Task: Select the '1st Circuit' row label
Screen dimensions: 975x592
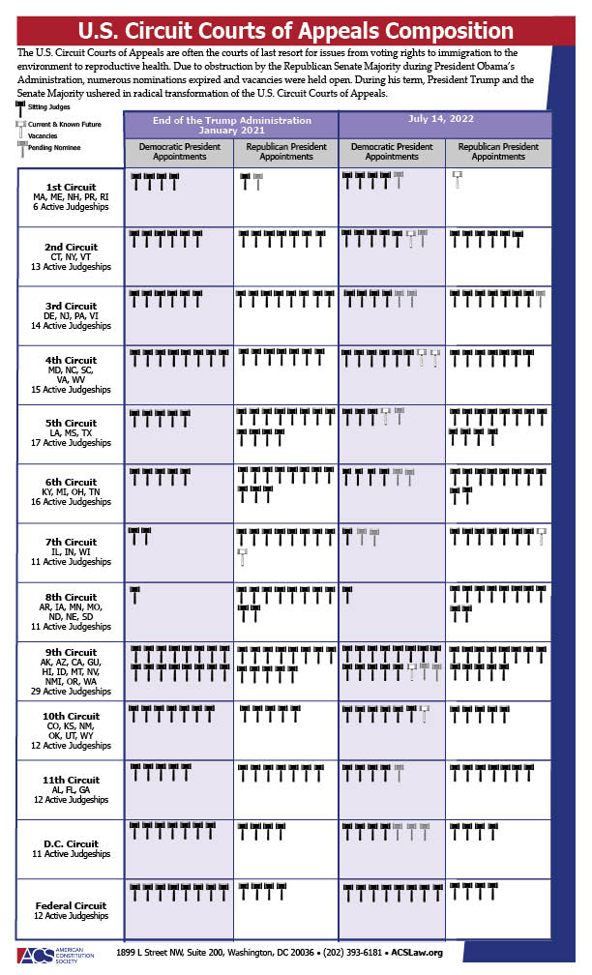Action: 71,187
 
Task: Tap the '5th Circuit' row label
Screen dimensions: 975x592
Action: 71,423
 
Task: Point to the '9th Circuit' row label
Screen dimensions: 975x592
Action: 71,652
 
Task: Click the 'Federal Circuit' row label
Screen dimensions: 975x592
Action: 71,905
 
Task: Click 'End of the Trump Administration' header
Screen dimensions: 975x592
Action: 231,120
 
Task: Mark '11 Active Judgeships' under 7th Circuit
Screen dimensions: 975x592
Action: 71,561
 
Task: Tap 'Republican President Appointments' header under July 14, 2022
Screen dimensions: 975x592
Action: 497,152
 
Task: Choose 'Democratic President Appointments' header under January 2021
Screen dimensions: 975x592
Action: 179,152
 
